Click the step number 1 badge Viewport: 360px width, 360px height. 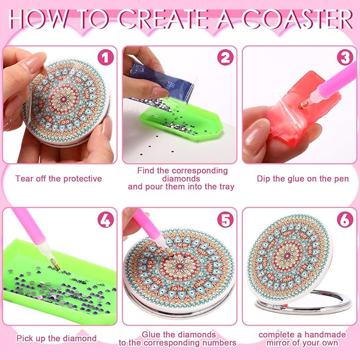[106, 57]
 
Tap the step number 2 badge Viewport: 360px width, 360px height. [225, 57]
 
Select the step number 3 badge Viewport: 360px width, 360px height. [345, 57]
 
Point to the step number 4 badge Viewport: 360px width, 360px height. [106, 219]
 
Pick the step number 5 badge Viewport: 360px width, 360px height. [225, 219]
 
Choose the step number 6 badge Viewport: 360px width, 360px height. [345, 219]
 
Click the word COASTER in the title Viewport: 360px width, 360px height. [298, 19]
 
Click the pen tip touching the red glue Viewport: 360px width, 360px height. [303, 106]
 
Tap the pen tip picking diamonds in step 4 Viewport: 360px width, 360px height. [56, 266]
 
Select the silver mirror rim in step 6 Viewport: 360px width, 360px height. [305, 303]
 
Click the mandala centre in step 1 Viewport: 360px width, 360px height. [64, 100]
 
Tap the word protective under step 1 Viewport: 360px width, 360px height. [82, 179]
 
